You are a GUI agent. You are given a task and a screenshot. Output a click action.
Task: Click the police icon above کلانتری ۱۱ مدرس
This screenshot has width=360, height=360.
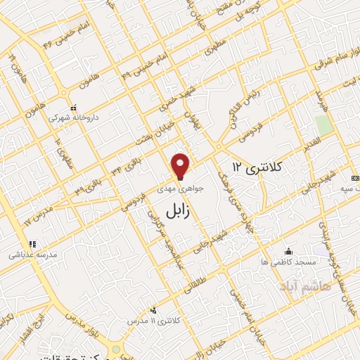coord(154,310)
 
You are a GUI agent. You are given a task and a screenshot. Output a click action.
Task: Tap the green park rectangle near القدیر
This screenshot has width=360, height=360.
coord(323,125)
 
